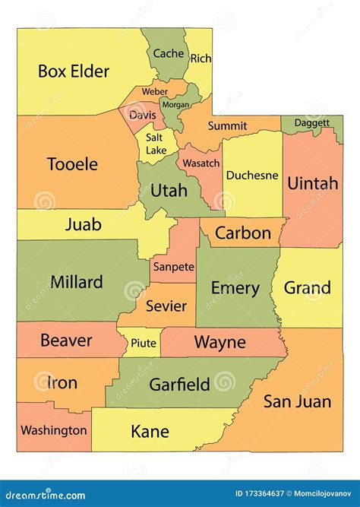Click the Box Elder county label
pos(74,71)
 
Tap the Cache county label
pos(169,53)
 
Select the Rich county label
pos(201,59)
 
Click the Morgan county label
pos(176,104)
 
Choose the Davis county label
pos(142,116)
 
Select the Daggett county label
pos(312,122)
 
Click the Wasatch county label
pos(200,163)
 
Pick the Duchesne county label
pos(252,175)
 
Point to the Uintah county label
pos(312,183)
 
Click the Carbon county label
pos(242,233)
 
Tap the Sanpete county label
pos(173,267)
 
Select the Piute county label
pos(144,343)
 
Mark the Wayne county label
pos(219,342)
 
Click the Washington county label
pos(53,430)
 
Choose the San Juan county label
pos(297,401)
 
